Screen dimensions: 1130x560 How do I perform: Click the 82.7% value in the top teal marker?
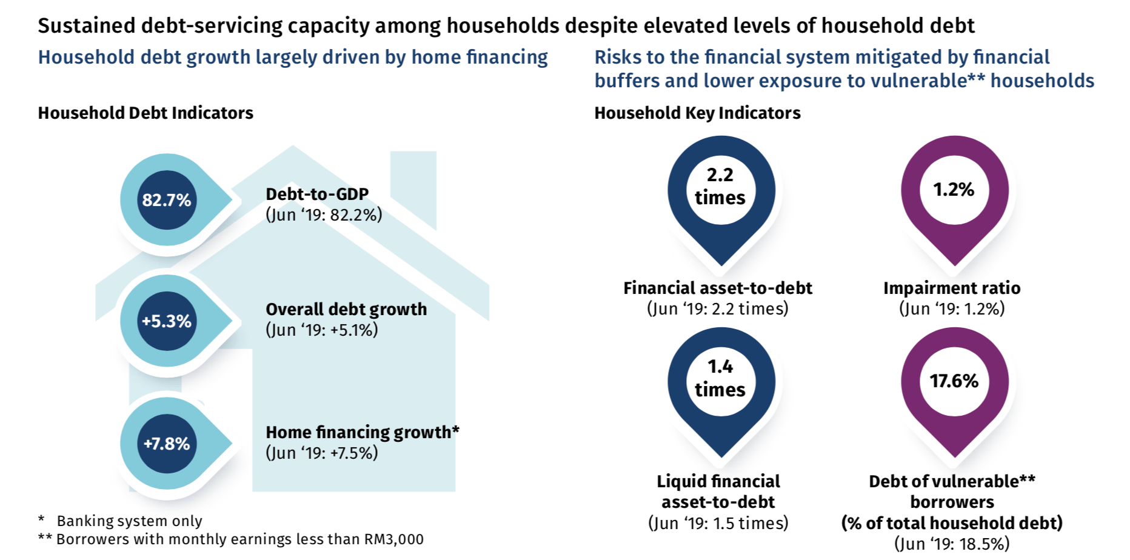[167, 200]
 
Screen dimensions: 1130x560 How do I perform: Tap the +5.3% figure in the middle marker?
[167, 321]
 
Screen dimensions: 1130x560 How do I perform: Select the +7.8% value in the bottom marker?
[167, 444]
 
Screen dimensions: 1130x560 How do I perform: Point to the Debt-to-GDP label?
[317, 194]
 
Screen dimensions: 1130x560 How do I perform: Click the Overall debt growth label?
[346, 309]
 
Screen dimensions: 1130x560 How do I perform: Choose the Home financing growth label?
[363, 432]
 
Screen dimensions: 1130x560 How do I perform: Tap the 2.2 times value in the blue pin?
[720, 186]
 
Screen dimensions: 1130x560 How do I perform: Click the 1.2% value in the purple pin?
[954, 190]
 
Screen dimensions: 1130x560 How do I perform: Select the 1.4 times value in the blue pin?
[720, 378]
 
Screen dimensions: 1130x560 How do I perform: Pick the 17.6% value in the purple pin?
[954, 381]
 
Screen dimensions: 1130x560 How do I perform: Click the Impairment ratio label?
[952, 288]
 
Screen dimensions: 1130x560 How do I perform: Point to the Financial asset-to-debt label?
[718, 288]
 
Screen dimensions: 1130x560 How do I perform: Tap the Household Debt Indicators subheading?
[145, 113]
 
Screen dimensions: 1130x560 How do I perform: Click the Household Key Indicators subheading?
[697, 113]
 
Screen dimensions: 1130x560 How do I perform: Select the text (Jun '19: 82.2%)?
[324, 215]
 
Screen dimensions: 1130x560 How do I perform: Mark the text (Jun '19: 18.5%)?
[952, 543]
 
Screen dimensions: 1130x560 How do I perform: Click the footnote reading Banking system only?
[130, 521]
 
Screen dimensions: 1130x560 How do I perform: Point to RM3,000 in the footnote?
[393, 539]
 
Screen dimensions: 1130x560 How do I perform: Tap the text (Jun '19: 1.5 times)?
[718, 522]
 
